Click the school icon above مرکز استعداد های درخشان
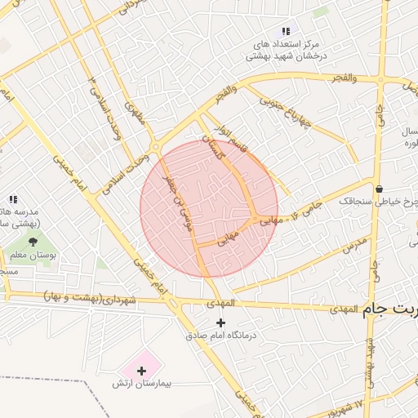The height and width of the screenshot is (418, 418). click(x=285, y=30)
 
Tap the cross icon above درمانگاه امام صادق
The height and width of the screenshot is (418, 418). click(x=220, y=322)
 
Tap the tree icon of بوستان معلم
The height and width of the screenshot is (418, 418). click(x=33, y=242)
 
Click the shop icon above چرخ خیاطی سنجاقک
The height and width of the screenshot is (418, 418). click(x=379, y=187)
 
